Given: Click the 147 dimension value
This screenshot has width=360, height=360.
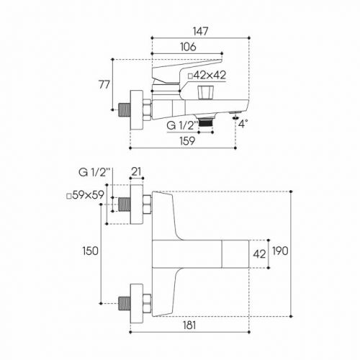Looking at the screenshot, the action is pos(201,31).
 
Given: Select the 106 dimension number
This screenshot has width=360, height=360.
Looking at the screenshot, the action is pos(188,47).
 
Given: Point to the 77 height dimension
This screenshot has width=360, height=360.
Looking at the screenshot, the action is pos(104,84).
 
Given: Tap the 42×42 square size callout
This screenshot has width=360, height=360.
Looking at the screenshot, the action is pos(207,76).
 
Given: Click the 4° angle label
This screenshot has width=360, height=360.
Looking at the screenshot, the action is pos(243,124).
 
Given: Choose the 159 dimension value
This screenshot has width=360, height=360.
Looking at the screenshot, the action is pos(187,141).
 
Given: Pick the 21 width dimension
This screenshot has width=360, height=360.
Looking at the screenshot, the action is pos(136,171).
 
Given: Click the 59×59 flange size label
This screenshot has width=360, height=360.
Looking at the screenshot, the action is pos(85,195).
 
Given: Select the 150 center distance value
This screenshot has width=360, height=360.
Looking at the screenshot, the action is pos(91,251).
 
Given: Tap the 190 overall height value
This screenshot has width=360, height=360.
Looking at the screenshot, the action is pos(280,251).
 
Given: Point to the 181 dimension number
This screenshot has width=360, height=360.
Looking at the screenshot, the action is pos(189,325).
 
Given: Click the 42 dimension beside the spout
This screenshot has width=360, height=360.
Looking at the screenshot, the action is pos(259,254).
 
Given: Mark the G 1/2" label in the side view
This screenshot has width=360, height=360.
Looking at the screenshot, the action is pos(182,125).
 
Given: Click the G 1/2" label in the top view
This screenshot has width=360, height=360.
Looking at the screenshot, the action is pos(94,172).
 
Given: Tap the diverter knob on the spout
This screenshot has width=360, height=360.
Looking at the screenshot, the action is pos(205,92).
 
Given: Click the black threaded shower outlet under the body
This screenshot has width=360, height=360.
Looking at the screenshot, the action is pos(206,122).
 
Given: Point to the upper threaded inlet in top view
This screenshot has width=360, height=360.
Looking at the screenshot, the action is pos(125,204).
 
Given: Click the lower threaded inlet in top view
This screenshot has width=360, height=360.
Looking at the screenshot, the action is pos(125,304).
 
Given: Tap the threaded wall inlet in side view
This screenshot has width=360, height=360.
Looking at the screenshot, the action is pos(125,109).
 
